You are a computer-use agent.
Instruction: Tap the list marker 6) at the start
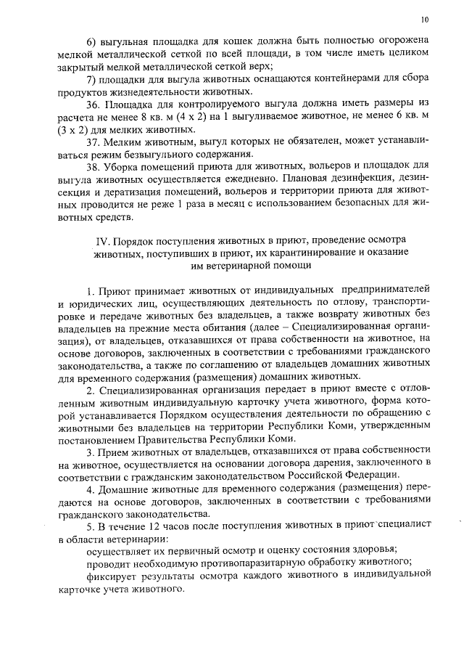tap(92, 39)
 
